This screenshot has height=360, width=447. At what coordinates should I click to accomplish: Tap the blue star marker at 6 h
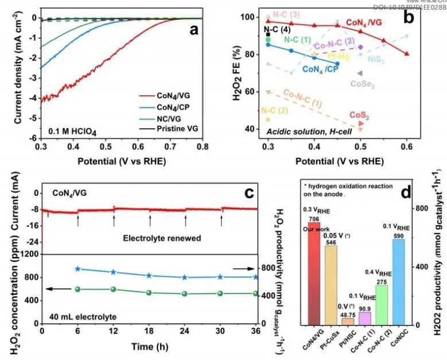point(77,269)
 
